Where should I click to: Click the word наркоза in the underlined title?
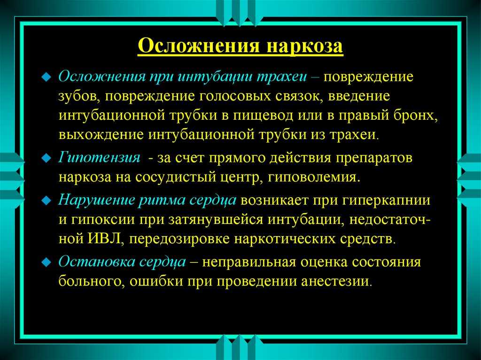(x=304, y=47)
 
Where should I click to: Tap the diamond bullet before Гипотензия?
(x=46, y=158)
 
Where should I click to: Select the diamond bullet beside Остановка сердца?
(x=46, y=262)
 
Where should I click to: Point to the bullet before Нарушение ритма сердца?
(x=46, y=200)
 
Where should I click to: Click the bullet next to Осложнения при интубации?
(x=46, y=77)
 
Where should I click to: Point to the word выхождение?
(x=101, y=135)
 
